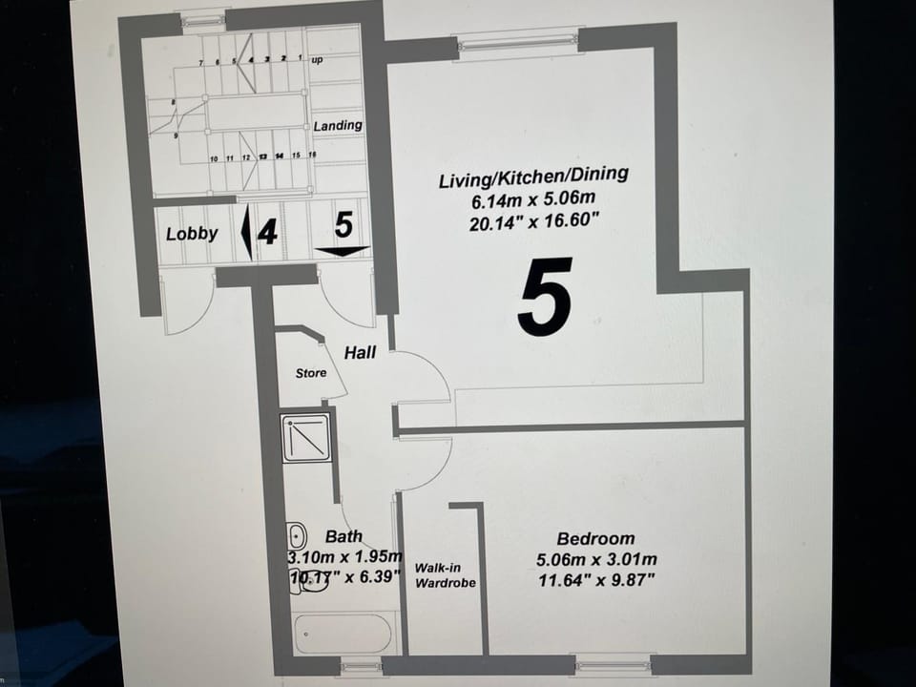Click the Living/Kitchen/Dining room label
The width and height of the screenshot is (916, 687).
pyautogui.click(x=533, y=177)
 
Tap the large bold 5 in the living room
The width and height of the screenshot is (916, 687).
pyautogui.click(x=545, y=297)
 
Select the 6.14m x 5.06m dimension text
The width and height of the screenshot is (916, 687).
pyautogui.click(x=533, y=201)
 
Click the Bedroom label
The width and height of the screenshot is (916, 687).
pyautogui.click(x=595, y=539)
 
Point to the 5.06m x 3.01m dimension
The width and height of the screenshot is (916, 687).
pyautogui.click(x=595, y=560)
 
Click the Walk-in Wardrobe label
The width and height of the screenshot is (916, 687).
pyautogui.click(x=444, y=574)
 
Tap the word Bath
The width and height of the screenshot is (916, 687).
pyautogui.click(x=343, y=536)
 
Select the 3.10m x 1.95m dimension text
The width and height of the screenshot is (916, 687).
pyautogui.click(x=344, y=557)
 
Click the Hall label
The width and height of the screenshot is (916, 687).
pyautogui.click(x=360, y=352)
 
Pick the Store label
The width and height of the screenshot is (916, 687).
pyautogui.click(x=310, y=373)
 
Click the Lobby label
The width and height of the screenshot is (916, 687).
pyautogui.click(x=192, y=233)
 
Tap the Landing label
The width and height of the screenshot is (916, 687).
pyautogui.click(x=338, y=125)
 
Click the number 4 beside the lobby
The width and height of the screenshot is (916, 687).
pyautogui.click(x=268, y=232)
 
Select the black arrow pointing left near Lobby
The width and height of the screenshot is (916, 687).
pyautogui.click(x=245, y=233)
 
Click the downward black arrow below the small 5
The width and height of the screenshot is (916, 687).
pyautogui.click(x=343, y=252)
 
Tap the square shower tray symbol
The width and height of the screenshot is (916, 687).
pyautogui.click(x=306, y=438)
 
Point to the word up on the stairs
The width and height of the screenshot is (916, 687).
pyautogui.click(x=319, y=60)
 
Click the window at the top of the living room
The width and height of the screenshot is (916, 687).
pyautogui.click(x=517, y=41)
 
